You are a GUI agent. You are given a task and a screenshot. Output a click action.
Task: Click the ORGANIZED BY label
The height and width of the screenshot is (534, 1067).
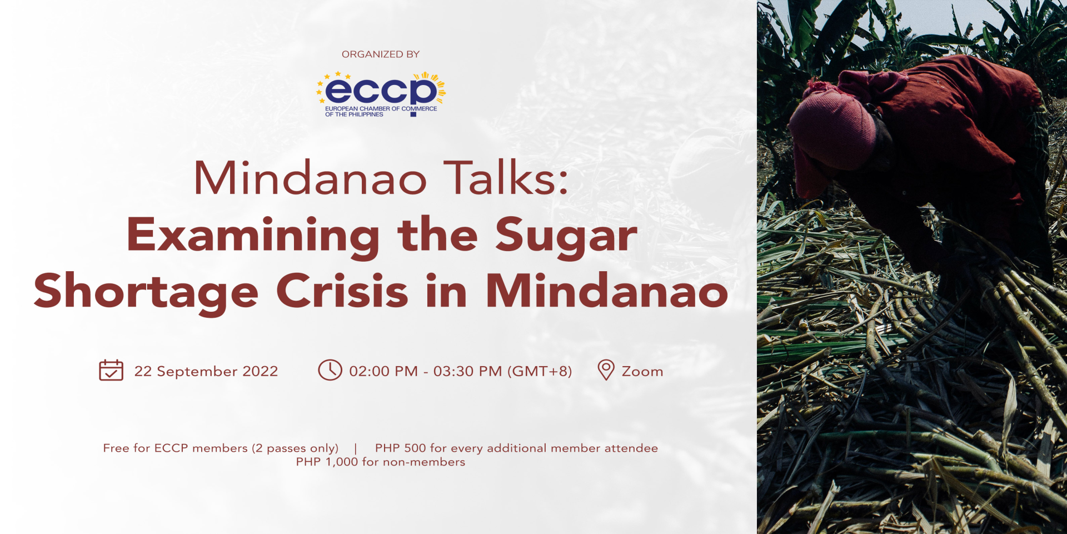(381, 54)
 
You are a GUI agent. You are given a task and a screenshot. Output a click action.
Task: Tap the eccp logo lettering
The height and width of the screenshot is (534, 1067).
(381, 90)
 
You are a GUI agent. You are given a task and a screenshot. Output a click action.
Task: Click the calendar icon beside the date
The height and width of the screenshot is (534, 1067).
(111, 370)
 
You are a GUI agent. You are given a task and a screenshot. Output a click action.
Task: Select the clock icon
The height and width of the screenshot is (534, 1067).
(330, 370)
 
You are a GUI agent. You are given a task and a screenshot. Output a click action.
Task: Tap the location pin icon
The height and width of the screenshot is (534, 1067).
(606, 370)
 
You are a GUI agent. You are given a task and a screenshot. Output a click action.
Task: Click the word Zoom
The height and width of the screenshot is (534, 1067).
(642, 371)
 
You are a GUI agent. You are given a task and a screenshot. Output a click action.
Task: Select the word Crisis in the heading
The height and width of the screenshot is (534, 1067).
(342, 290)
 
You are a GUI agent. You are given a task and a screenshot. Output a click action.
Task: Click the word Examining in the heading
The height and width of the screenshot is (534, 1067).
(253, 236)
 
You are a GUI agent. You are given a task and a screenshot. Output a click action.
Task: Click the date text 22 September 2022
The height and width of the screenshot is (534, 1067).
(206, 371)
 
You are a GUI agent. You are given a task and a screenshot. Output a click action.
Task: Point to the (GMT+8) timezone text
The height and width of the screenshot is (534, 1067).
(540, 371)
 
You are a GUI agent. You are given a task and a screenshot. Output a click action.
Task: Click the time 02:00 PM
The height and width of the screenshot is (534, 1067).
(383, 371)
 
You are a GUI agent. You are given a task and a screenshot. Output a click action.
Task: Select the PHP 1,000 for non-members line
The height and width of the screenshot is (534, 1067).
(381, 462)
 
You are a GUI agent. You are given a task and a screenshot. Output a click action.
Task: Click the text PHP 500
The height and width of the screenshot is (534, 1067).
(400, 448)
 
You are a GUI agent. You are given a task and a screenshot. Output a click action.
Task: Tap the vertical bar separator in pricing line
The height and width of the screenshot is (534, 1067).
(356, 448)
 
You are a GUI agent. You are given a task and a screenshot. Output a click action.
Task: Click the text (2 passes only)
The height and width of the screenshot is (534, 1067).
(295, 448)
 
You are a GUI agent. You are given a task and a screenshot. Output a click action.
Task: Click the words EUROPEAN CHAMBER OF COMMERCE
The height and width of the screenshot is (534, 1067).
(381, 109)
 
